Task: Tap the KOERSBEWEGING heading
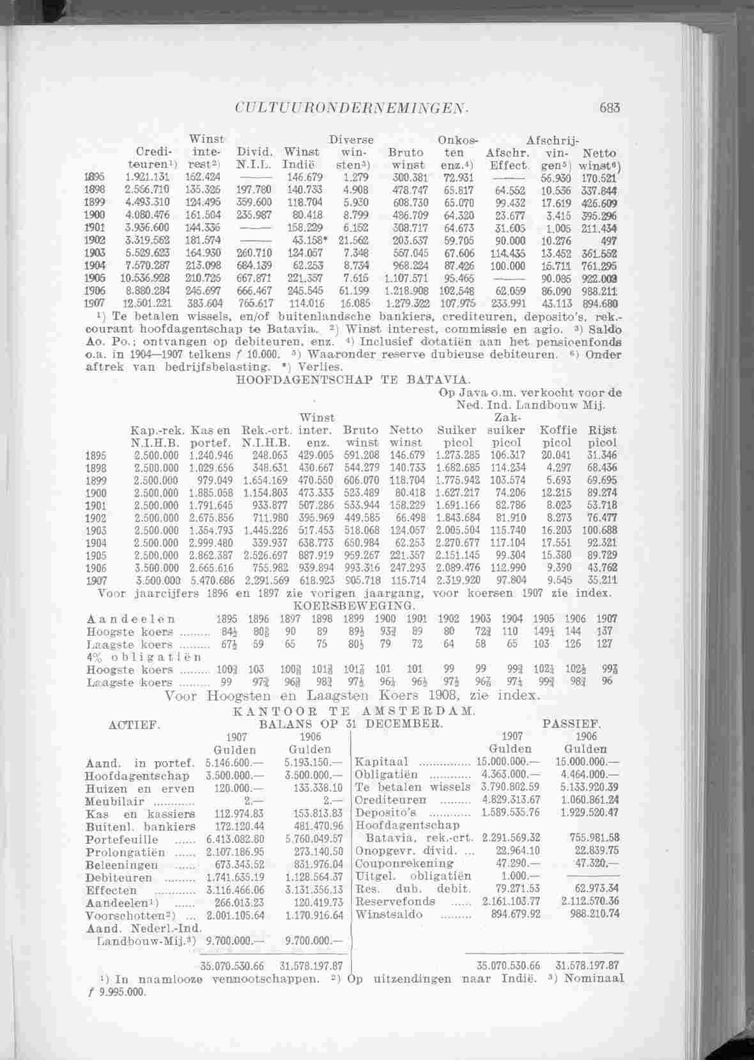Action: tap(354, 605)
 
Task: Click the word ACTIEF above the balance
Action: tap(134, 725)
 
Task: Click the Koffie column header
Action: tap(558, 430)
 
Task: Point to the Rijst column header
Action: tap(602, 430)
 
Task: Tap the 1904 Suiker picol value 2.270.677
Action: tap(458, 543)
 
